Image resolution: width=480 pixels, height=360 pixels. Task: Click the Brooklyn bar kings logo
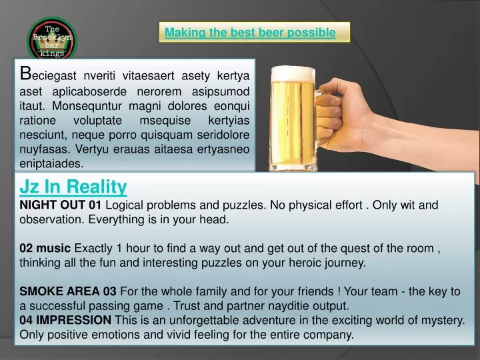coord(52,38)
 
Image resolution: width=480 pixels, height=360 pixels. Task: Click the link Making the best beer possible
coord(250,32)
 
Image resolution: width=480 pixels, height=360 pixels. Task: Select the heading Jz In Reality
coord(73,187)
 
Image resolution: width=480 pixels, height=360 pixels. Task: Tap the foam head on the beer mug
coord(293,74)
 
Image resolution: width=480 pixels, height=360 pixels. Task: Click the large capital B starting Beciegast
coord(25,73)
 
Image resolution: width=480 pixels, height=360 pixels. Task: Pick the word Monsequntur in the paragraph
coord(87,106)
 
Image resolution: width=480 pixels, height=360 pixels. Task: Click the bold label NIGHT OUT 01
coord(60,205)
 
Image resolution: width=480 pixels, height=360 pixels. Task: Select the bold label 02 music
coord(45,248)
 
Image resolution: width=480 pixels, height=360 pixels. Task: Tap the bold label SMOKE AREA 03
coord(68,291)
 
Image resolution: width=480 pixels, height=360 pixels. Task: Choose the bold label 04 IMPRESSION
coord(65,320)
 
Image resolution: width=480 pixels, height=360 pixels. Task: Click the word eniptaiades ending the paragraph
coord(51,163)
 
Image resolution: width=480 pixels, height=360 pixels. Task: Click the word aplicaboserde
coord(89,91)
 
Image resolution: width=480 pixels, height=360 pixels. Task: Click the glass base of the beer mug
coord(293,167)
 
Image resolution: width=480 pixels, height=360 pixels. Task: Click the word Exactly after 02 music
coord(93,248)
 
